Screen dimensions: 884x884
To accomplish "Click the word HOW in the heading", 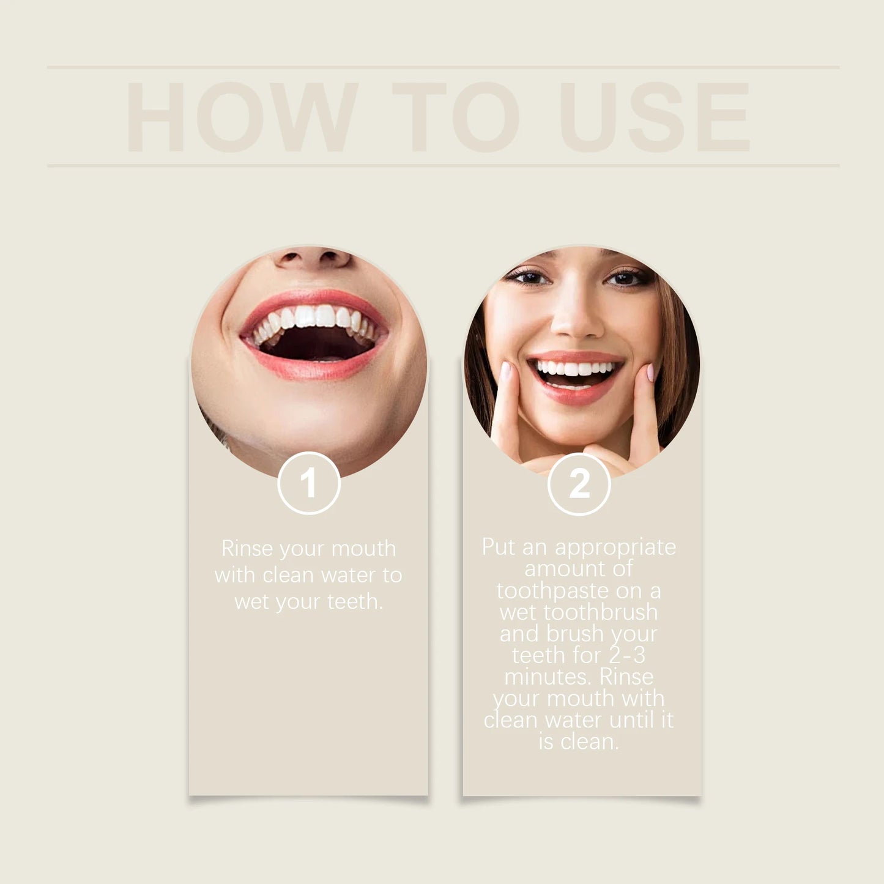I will [x=242, y=117].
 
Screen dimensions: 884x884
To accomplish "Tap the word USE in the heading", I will [x=654, y=117].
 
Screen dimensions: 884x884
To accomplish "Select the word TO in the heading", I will [x=456, y=117].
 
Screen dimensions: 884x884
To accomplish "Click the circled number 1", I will [x=309, y=483].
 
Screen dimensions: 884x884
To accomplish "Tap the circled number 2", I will [x=579, y=484].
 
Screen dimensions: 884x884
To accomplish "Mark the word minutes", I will [x=548, y=677].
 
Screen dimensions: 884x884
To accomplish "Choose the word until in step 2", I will [x=632, y=720].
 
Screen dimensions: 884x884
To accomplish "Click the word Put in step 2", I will [x=499, y=546].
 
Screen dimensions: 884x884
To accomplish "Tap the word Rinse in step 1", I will [x=248, y=548].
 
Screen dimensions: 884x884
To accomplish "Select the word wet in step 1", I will [x=251, y=602].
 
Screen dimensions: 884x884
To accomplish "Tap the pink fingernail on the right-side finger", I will [x=650, y=372].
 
